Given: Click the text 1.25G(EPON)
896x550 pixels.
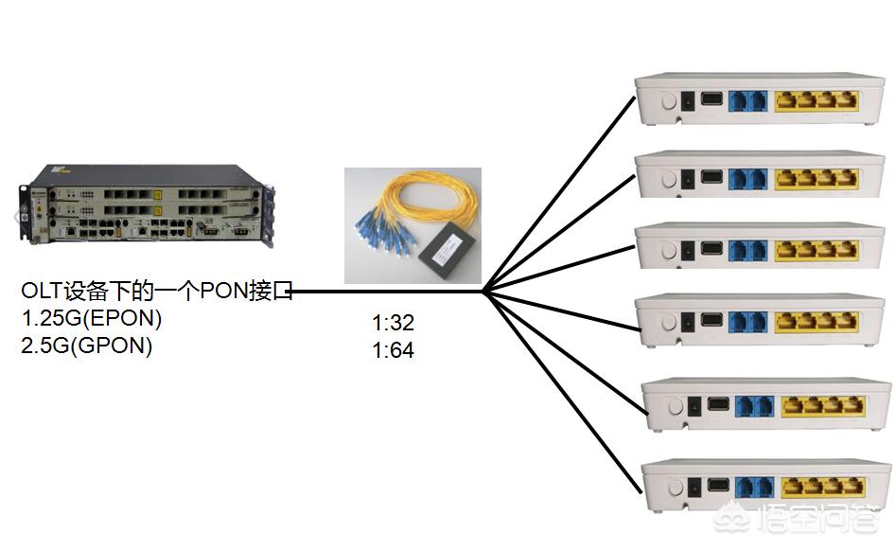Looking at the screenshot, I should click(x=91, y=318).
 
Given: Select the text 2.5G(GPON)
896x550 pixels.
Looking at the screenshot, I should click(x=86, y=346).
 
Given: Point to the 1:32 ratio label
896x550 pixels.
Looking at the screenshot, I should click(x=393, y=324).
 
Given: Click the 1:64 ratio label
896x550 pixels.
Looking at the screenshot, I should click(x=393, y=350).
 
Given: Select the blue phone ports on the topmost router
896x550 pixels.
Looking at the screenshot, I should click(x=747, y=101).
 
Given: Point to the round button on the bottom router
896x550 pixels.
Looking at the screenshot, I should click(x=674, y=487).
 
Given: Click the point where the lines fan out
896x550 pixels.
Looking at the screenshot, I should click(x=483, y=292).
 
